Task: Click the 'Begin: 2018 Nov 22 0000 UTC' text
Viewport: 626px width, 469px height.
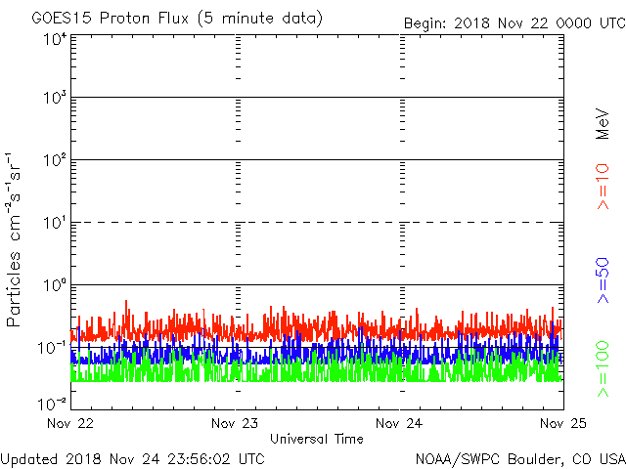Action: click(514, 22)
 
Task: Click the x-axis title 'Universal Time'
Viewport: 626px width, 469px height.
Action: click(316, 439)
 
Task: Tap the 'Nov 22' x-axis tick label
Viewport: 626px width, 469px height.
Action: click(70, 423)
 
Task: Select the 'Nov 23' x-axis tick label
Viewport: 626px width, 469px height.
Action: click(236, 423)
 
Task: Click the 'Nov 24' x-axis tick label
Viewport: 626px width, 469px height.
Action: click(400, 423)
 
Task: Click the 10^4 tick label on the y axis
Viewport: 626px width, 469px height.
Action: click(55, 40)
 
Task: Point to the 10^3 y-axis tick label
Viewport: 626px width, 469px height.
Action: click(55, 98)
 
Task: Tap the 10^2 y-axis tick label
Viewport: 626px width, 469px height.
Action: click(55, 160)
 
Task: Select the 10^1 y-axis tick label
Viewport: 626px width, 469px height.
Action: click(55, 223)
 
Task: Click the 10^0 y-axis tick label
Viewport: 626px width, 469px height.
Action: click(55, 285)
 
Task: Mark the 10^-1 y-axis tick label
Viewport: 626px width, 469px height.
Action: click(53, 348)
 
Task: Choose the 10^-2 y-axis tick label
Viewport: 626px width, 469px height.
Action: click(53, 404)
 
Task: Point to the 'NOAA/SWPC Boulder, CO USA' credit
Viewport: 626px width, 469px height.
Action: click(519, 458)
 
